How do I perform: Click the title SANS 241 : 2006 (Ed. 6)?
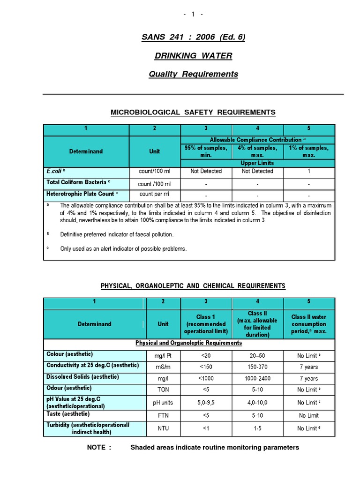pyautogui.click(x=193, y=37)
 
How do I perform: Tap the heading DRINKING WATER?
pyautogui.click(x=193, y=56)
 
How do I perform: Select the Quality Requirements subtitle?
pyautogui.click(x=193, y=74)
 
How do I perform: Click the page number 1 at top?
pyautogui.click(x=193, y=15)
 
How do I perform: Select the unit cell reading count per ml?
pyautogui.click(x=155, y=194)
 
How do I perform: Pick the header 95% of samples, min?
pyautogui.click(x=206, y=151)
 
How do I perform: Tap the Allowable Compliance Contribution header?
pyautogui.click(x=257, y=140)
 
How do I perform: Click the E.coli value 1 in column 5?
pyautogui.click(x=309, y=172)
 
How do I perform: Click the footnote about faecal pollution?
pyautogui.click(x=117, y=234)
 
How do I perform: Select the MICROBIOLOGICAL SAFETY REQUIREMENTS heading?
pyautogui.click(x=193, y=112)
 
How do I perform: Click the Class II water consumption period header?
pyautogui.click(x=309, y=324)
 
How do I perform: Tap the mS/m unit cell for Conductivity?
pyautogui.click(x=163, y=367)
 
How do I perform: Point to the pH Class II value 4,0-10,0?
pyautogui.click(x=257, y=403)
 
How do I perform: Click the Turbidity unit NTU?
pyautogui.click(x=163, y=428)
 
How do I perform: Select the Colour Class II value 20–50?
pyautogui.click(x=257, y=356)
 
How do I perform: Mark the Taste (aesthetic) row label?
pyautogui.click(x=68, y=414)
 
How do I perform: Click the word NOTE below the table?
pyautogui.click(x=99, y=448)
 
